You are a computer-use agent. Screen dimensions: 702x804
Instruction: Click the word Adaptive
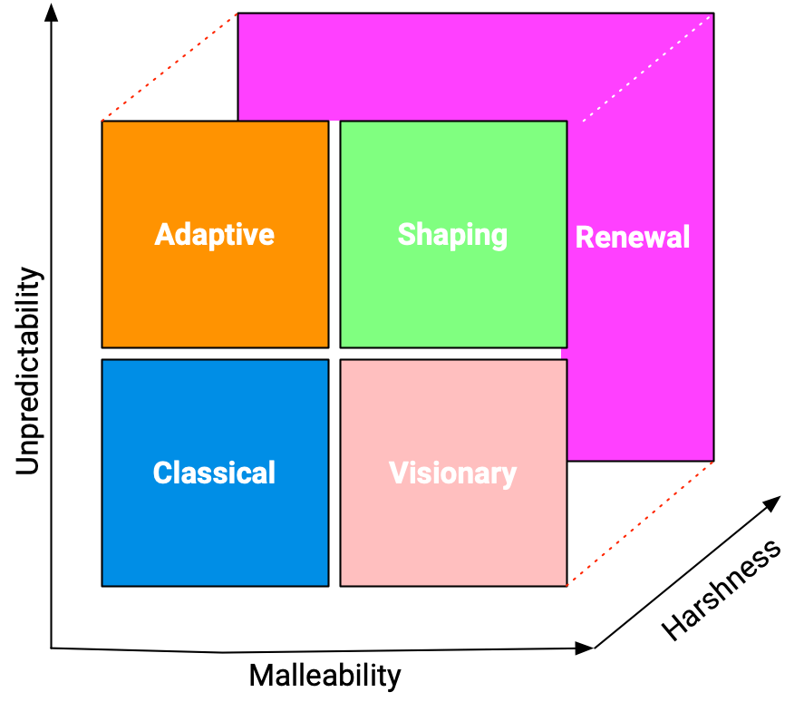click(x=214, y=234)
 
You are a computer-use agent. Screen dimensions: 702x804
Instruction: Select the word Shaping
click(x=452, y=234)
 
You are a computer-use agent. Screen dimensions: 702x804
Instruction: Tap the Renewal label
click(x=633, y=238)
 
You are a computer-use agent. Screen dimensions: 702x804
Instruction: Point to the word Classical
click(x=214, y=473)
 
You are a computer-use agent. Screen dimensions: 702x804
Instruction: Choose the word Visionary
click(x=452, y=473)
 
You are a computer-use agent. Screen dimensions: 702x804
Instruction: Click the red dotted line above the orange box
click(x=170, y=67)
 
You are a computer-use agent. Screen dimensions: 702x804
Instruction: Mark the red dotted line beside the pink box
click(x=640, y=523)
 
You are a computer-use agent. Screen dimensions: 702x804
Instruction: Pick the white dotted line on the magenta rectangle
click(x=646, y=68)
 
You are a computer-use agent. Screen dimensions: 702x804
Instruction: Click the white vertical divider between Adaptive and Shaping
click(x=334, y=234)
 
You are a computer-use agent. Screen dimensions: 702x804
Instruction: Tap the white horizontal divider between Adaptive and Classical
click(x=215, y=353)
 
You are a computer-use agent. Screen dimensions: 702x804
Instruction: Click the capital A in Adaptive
click(x=164, y=234)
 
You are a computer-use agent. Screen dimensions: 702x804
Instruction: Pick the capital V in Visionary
click(x=398, y=473)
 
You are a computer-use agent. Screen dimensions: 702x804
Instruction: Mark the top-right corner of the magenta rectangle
click(x=712, y=15)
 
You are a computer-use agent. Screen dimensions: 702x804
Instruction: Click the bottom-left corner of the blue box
click(x=102, y=585)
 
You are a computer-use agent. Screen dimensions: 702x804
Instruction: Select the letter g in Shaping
click(x=498, y=238)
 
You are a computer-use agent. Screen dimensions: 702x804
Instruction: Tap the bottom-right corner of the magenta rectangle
click(x=712, y=460)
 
